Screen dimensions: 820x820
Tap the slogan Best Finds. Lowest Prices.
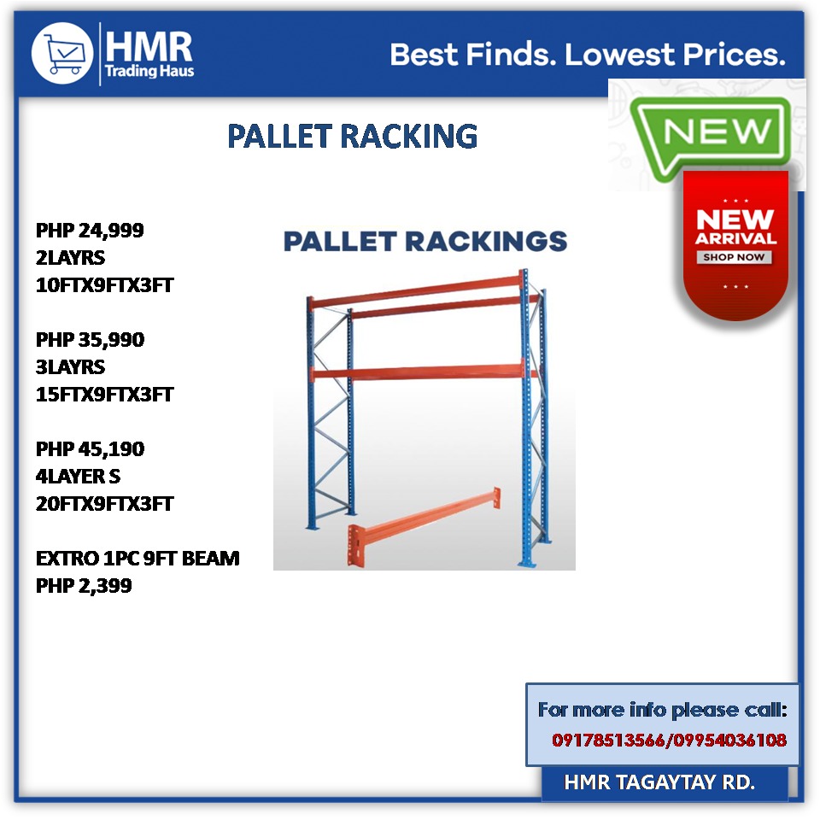point(587,56)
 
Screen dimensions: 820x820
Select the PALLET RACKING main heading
point(352,136)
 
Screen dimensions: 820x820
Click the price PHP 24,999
point(90,230)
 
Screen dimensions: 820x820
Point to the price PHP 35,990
point(90,339)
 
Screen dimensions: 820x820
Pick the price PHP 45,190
point(90,448)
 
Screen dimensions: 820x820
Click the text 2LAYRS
point(70,257)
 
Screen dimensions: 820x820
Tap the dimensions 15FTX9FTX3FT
point(104,394)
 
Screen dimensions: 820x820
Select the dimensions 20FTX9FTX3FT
point(104,503)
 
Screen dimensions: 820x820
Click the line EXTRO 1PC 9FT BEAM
point(138,559)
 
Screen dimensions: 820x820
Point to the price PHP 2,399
point(84,586)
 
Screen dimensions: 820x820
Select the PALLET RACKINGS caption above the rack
point(425,241)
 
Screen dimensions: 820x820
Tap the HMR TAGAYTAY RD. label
point(659,782)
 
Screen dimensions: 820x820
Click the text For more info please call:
point(662,710)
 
